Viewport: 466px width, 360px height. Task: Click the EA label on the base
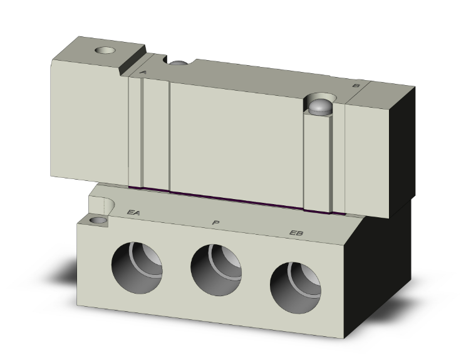(x=133, y=213)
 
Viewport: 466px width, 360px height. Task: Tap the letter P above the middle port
(x=215, y=222)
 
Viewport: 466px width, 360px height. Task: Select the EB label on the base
(x=296, y=234)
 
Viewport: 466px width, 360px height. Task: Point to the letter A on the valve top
(x=143, y=73)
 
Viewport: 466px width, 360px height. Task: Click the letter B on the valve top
(x=356, y=85)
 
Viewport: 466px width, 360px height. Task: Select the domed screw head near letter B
(x=321, y=106)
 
